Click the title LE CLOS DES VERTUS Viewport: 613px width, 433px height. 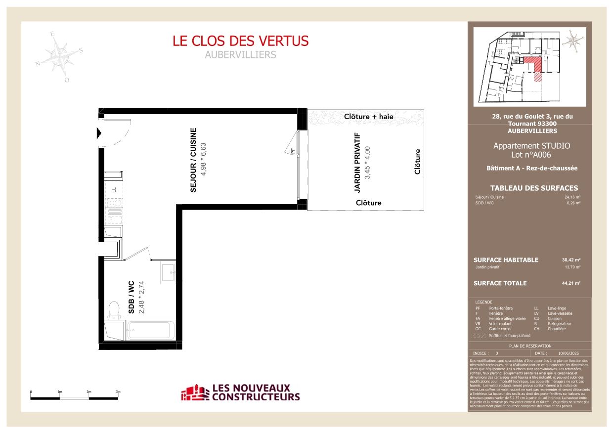point(240,41)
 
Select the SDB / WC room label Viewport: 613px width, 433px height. point(132,298)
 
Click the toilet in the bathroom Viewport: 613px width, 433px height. point(113,311)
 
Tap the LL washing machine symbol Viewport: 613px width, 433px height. point(113,189)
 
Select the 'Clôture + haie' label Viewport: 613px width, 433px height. point(369,117)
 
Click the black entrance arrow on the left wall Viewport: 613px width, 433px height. point(99,133)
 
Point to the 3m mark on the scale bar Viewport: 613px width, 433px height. point(118,391)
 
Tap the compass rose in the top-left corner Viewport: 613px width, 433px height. point(60,55)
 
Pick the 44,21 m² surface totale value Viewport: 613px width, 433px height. point(571,283)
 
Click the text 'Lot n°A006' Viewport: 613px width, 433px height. point(531,155)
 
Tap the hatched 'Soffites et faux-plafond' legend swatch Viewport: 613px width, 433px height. point(478,336)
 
